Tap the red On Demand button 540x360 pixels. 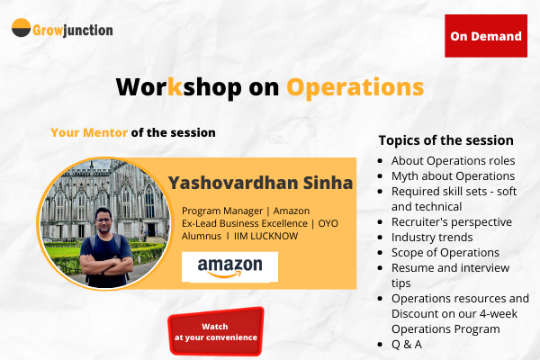pyautogui.click(x=486, y=37)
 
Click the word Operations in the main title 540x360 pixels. pyautogui.click(x=355, y=87)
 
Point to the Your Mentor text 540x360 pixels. pyautogui.click(x=89, y=132)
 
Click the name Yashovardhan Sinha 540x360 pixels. pyautogui.click(x=261, y=184)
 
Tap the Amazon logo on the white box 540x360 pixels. pyautogui.click(x=229, y=265)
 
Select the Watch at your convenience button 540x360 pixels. pyautogui.click(x=215, y=331)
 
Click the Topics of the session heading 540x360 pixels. pyautogui.click(x=445, y=140)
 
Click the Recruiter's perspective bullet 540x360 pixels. pyautogui.click(x=451, y=221)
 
